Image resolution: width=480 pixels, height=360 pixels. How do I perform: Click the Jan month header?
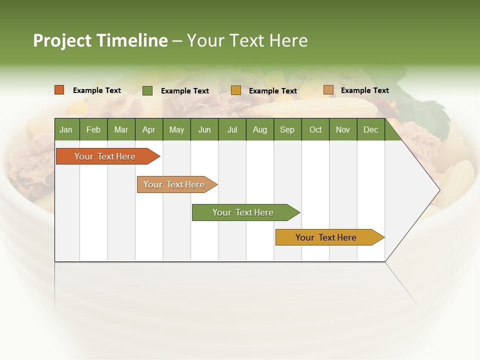pos(66,129)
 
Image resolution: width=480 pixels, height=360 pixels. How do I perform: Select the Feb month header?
pos(93,129)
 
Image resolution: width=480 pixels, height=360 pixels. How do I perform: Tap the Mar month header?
pos(121,129)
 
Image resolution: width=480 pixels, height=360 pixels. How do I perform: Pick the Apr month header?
pos(149,129)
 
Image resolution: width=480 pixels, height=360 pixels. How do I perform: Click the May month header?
pos(176,129)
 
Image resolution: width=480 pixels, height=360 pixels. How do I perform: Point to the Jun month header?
pos(204,129)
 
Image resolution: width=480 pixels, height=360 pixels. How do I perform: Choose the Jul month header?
pos(232,129)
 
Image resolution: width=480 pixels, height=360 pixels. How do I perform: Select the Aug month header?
pos(260,129)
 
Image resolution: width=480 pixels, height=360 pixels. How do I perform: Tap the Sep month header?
pos(287,129)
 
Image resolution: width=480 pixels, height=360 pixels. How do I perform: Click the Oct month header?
pos(315,129)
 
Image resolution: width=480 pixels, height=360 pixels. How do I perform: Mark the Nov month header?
pos(343,129)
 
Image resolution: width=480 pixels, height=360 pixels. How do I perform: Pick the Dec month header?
pos(371,129)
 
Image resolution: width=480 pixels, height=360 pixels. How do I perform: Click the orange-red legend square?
pos(59,90)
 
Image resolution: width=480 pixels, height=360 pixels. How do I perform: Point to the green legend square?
pos(147,90)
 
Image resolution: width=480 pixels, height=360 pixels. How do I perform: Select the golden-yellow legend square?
pos(236,90)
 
